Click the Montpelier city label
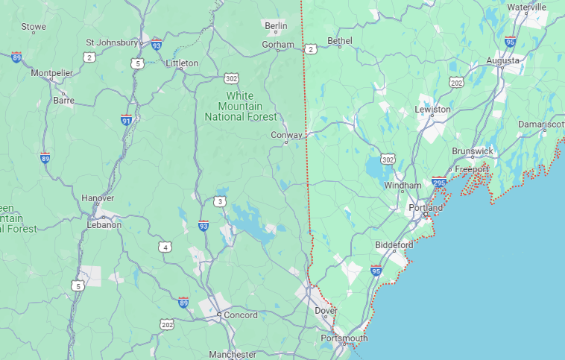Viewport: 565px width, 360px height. [x=51, y=73]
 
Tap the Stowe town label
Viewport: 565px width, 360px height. [x=34, y=27]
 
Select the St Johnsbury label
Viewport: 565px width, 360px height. [x=113, y=42]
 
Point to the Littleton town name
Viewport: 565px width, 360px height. [x=182, y=63]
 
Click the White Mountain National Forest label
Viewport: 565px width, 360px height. [x=240, y=107]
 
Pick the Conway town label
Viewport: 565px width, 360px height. [x=286, y=136]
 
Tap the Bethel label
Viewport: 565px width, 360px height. [x=339, y=41]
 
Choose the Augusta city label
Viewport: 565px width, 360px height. [x=503, y=60]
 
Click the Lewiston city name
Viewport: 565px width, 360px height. [x=432, y=110]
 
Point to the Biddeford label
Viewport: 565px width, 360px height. [x=394, y=245]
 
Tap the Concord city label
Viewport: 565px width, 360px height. [x=242, y=315]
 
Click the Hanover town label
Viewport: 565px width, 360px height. [x=98, y=198]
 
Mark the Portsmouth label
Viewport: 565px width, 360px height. [x=344, y=338]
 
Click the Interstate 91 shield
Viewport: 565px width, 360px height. [x=127, y=121]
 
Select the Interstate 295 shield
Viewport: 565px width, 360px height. [x=439, y=182]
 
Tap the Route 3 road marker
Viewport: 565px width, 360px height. [x=219, y=201]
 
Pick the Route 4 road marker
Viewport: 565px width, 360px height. [x=165, y=247]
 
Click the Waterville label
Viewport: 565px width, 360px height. [x=526, y=7]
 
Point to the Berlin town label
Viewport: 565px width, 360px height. [x=276, y=26]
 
